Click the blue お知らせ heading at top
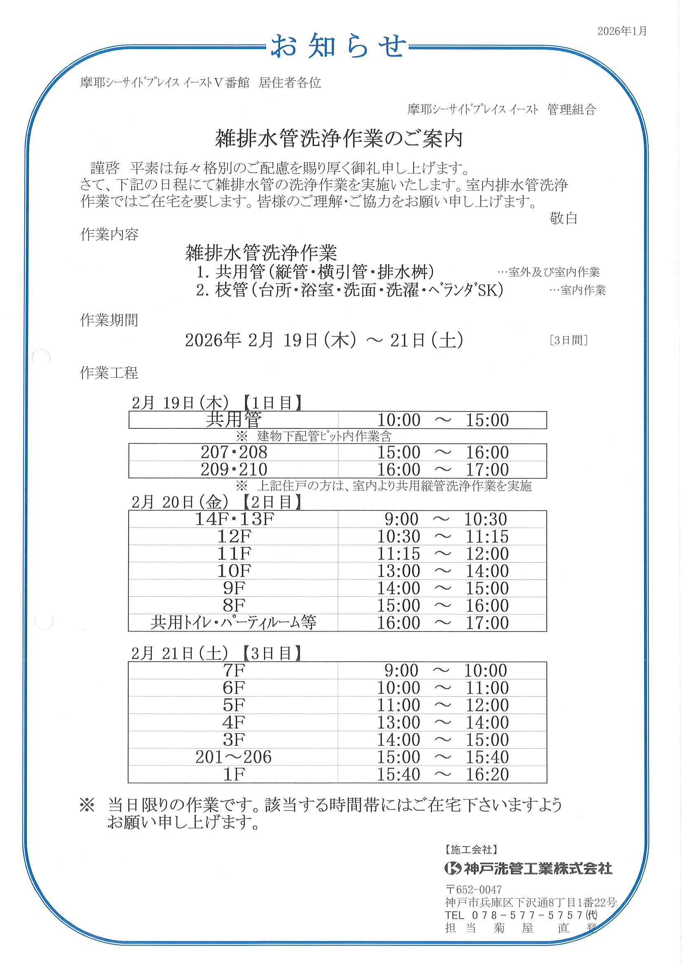pyautogui.click(x=339, y=46)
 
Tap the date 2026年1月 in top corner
pyautogui.click(x=622, y=31)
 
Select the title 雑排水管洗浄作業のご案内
pyautogui.click(x=339, y=139)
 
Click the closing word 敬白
pyautogui.click(x=563, y=218)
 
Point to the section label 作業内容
pyautogui.click(x=109, y=234)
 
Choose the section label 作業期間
pyautogui.click(x=109, y=320)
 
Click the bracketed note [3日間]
pyautogui.click(x=568, y=340)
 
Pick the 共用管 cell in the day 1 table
pyautogui.click(x=233, y=420)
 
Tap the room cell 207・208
pyautogui.click(x=233, y=452)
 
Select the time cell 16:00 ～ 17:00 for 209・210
pyautogui.click(x=442, y=469)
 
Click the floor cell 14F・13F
pyautogui.click(x=233, y=519)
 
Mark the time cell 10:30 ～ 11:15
pyautogui.click(x=442, y=536)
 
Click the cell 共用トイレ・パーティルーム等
pyautogui.click(x=233, y=622)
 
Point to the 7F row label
pyautogui.click(x=233, y=670)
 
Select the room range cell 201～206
pyautogui.click(x=233, y=757)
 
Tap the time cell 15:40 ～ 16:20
pyautogui.click(x=442, y=774)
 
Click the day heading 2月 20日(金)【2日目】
pyautogui.click(x=216, y=502)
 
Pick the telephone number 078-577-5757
pyautogui.click(x=527, y=915)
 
